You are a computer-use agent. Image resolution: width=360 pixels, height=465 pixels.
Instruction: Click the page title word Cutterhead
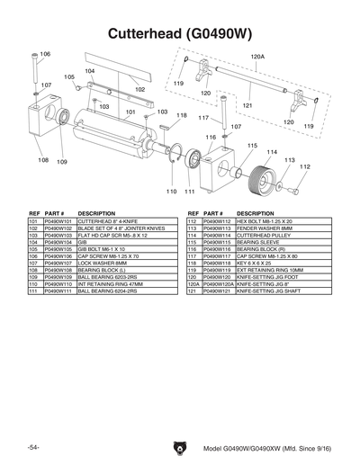pos(143,34)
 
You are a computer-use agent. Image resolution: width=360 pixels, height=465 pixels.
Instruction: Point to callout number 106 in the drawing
pos(45,55)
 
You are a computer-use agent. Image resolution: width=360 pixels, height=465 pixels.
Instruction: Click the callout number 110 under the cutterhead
pos(171,192)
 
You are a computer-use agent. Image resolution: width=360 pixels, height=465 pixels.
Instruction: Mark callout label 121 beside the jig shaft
pos(247,105)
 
